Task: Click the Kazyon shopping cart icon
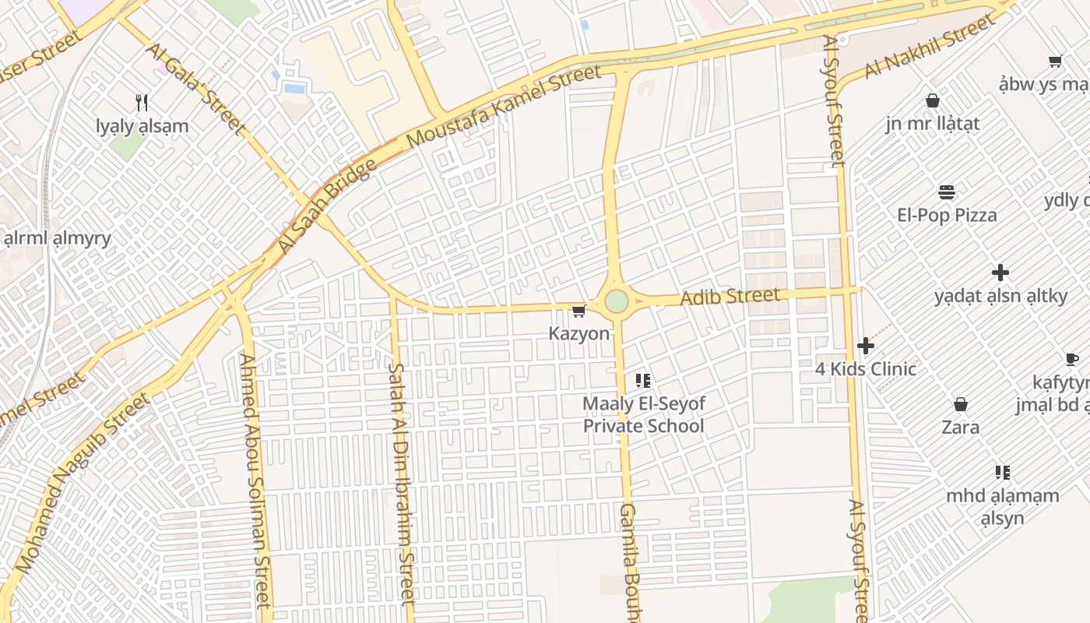pos(578,311)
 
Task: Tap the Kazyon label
pos(579,334)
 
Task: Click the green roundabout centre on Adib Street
pos(616,301)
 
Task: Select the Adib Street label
pos(730,297)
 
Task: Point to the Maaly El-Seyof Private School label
pos(643,415)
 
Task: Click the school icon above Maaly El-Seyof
pos(643,381)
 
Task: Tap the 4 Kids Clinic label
pos(866,368)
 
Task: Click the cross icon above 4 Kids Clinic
pos(866,346)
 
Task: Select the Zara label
pos(961,427)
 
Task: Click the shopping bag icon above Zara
pos(961,404)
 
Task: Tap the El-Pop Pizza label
pos(947,215)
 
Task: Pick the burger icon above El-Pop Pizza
pos(947,192)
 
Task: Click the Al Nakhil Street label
pos(930,47)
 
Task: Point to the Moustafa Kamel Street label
pos(505,107)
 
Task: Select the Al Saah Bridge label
pos(328,206)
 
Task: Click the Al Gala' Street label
pos(195,88)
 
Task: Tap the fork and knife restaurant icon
pos(142,102)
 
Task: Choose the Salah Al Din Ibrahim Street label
pos(402,483)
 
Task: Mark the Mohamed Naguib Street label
pos(82,483)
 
